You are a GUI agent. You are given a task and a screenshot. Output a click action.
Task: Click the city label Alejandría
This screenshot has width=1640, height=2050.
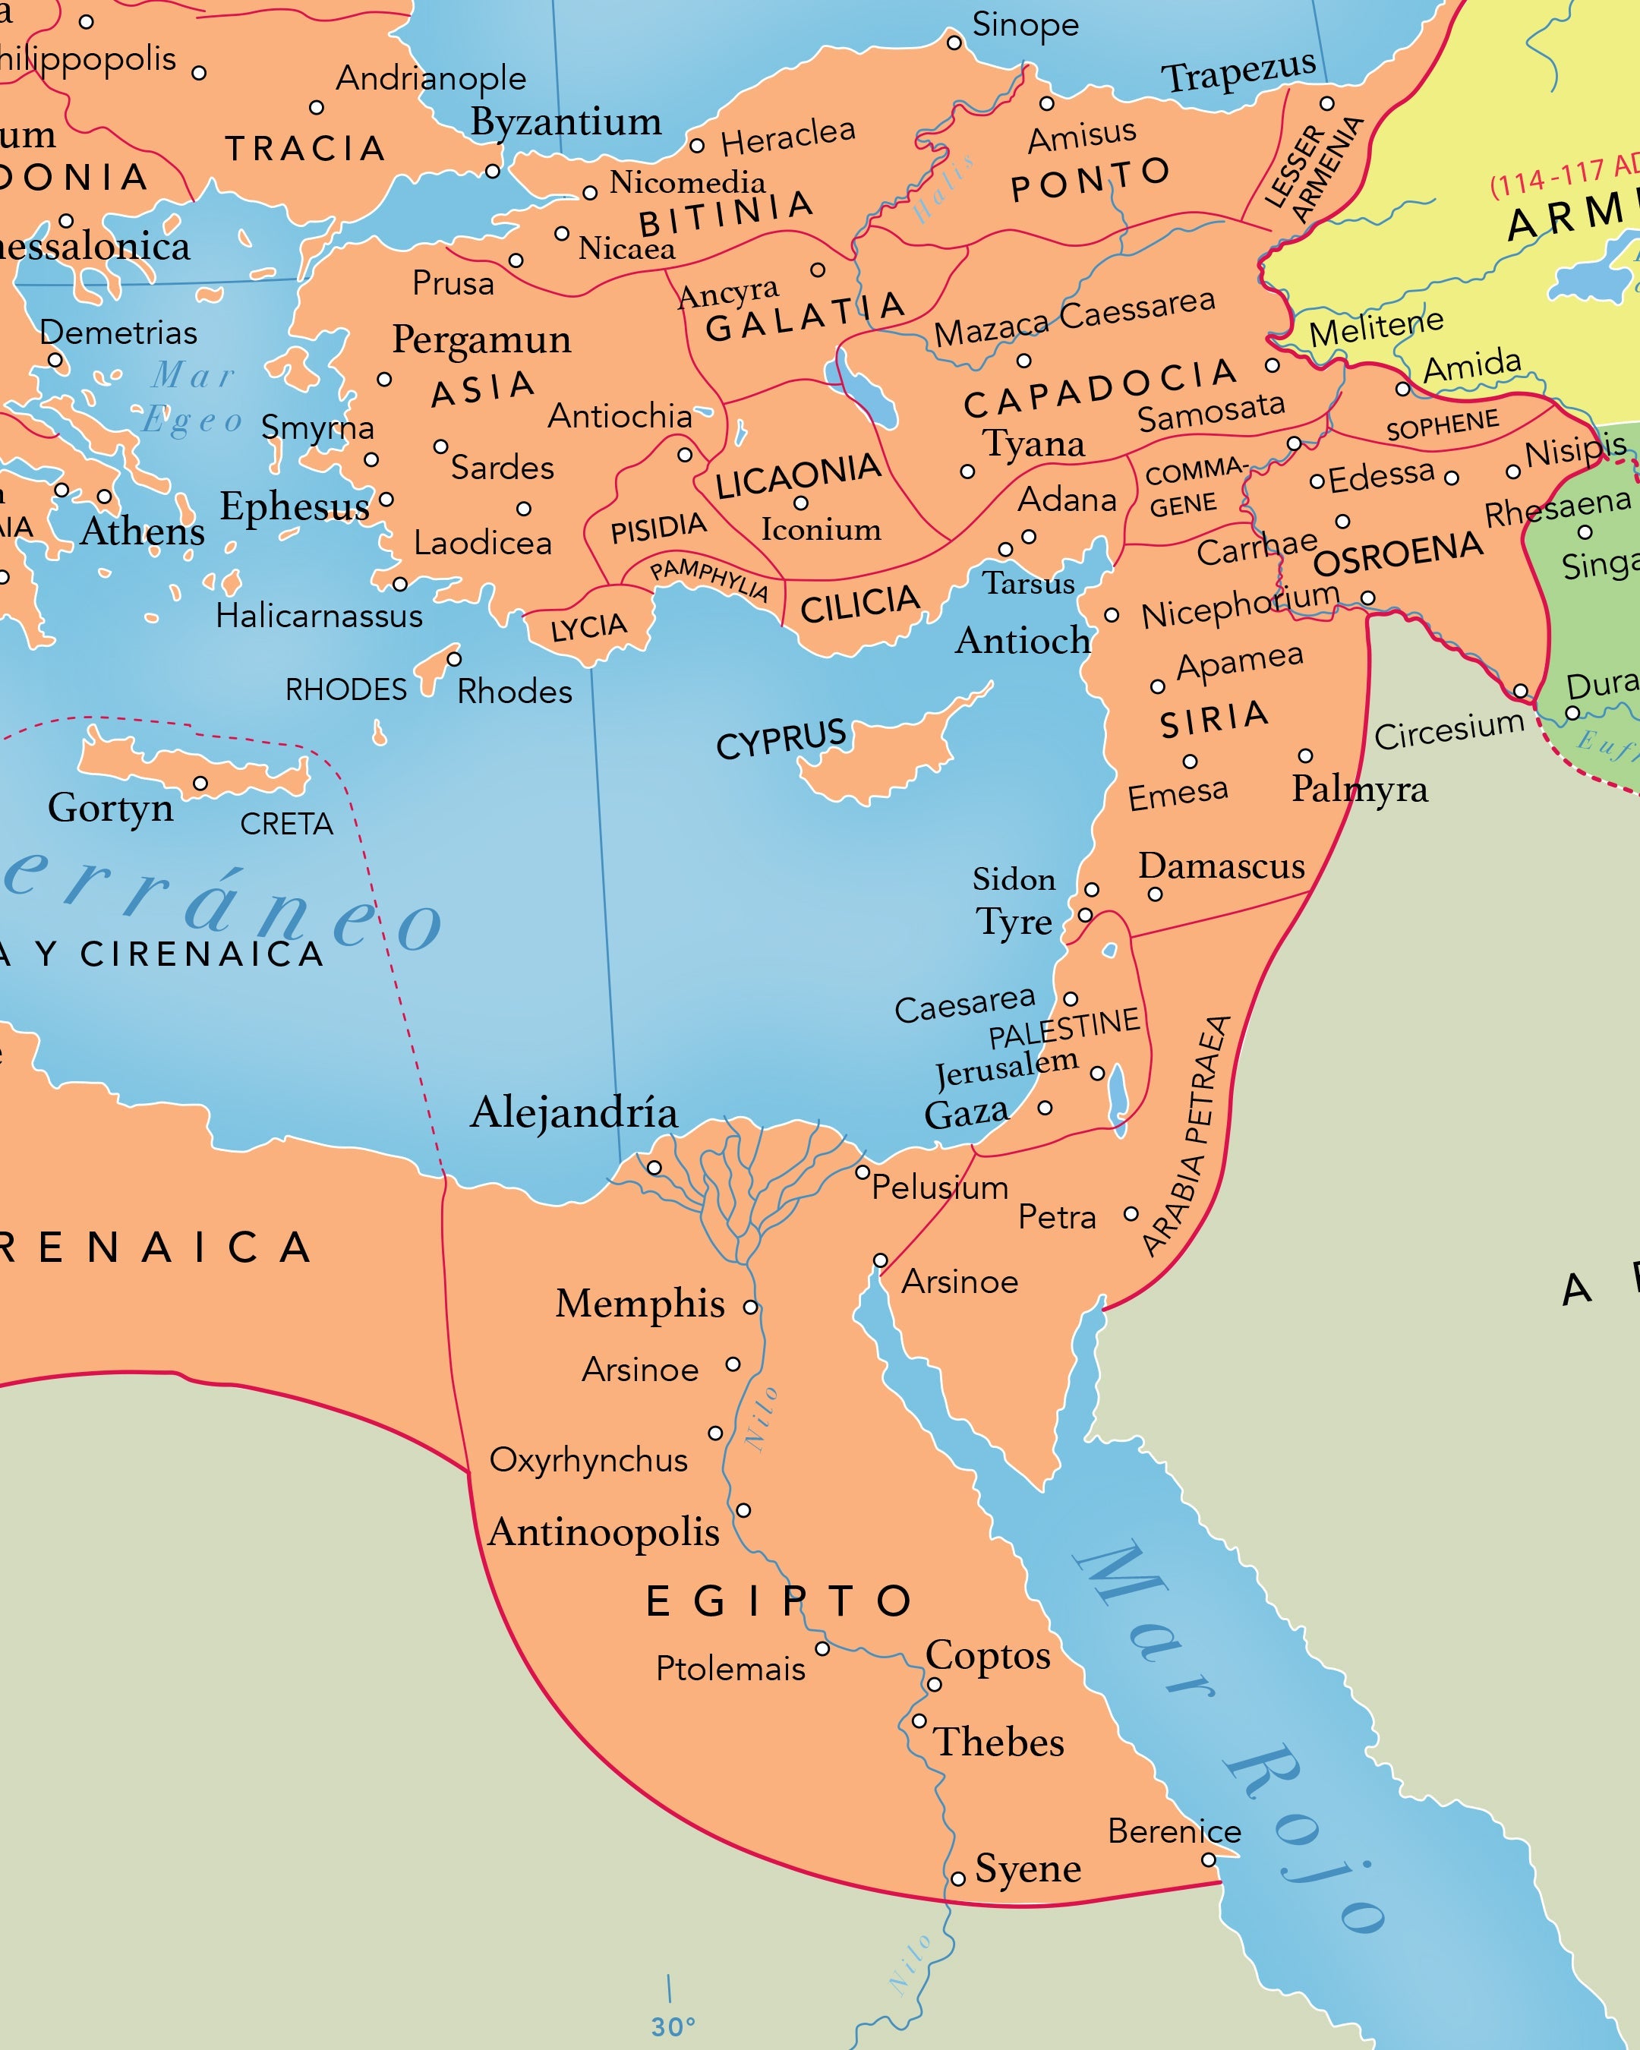(x=574, y=1112)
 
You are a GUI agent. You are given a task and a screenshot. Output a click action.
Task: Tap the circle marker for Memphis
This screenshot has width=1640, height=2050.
(x=750, y=1307)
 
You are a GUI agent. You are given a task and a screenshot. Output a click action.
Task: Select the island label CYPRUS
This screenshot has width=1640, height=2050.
(x=781, y=739)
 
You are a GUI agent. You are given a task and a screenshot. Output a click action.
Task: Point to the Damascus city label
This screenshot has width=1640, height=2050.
(x=1221, y=866)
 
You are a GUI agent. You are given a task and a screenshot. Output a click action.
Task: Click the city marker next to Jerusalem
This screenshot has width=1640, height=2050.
(x=1097, y=1074)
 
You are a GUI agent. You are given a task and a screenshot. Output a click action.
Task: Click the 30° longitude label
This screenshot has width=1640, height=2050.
(x=673, y=2027)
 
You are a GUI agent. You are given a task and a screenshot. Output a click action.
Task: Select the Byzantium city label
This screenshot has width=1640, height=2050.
(x=566, y=121)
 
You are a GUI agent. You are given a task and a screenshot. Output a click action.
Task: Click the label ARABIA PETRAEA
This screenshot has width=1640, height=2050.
(x=1188, y=1137)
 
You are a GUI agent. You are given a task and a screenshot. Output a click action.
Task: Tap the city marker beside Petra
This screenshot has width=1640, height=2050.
(x=1131, y=1214)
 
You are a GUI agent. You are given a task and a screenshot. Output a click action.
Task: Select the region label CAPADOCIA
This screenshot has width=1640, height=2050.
(x=1100, y=388)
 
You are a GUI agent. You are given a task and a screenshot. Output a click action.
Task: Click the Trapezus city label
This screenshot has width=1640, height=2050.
(x=1238, y=71)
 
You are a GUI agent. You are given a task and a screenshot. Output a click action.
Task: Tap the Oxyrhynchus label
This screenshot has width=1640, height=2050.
(x=588, y=1459)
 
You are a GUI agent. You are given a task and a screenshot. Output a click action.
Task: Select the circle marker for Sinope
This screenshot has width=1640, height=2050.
(x=954, y=43)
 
